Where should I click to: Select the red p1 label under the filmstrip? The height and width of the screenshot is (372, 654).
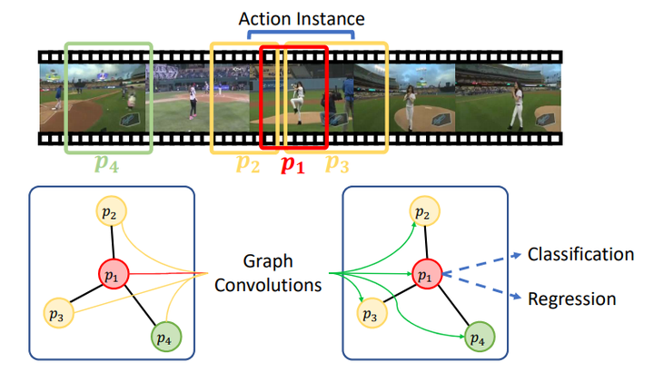292,165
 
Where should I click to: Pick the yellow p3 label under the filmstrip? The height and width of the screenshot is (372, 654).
337,165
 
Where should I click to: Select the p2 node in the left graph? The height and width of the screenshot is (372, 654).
110,213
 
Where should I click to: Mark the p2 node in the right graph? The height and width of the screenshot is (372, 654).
420,213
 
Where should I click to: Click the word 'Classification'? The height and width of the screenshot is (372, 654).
580,254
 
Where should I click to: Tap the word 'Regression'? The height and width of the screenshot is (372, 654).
572,299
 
